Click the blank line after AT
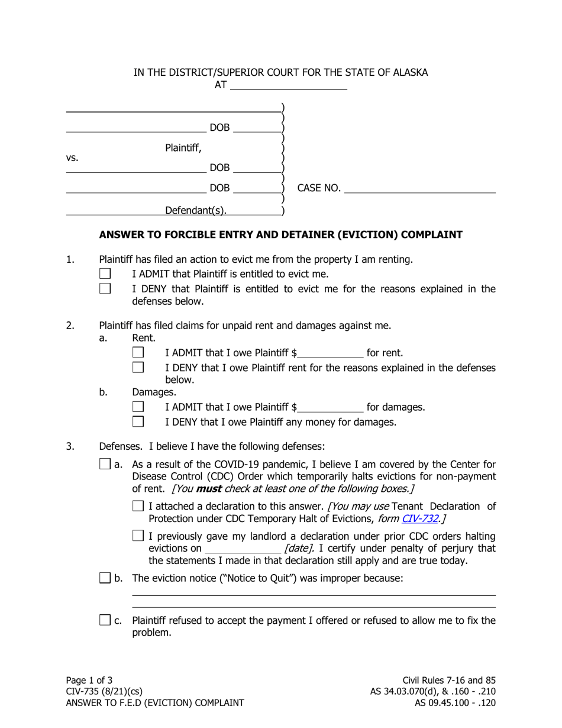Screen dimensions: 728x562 [288, 85]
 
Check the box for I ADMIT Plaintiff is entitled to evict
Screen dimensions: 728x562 [105, 273]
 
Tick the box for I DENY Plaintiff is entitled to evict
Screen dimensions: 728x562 [105, 289]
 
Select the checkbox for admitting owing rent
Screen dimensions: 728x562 [138, 352]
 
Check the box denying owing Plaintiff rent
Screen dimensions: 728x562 [138, 368]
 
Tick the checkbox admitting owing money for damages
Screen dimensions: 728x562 [138, 407]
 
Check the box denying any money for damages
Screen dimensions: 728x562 [138, 422]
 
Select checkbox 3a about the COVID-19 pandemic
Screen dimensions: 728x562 [105, 464]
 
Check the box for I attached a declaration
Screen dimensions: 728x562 [138, 506]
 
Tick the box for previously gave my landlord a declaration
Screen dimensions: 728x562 [138, 536]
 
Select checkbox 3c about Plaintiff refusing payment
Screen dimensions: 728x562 [105, 620]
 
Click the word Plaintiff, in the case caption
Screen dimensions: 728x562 [183, 148]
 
